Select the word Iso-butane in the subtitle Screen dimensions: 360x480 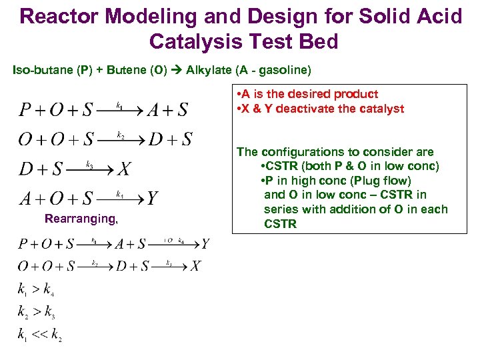[39, 69]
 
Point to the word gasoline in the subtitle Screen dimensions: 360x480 [284, 69]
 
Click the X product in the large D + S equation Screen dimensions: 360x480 [124, 169]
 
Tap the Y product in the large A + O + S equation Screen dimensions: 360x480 [152, 198]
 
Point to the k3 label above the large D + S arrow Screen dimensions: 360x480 [89, 163]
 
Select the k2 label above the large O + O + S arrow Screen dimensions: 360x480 [121, 135]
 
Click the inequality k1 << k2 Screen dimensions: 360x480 [39, 335]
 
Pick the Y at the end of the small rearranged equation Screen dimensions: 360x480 [205, 244]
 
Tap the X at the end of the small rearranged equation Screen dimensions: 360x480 [195, 267]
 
